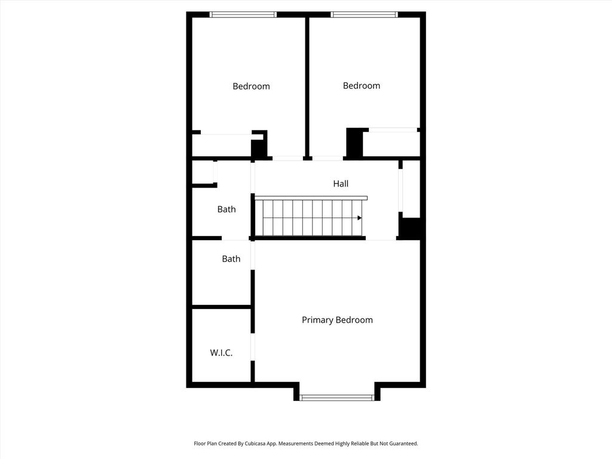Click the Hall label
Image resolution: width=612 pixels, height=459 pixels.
341,183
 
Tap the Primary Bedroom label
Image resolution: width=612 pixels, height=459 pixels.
337,320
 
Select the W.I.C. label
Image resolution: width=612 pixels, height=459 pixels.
221,353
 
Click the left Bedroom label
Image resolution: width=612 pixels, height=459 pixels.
251,86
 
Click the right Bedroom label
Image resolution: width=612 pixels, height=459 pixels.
362,85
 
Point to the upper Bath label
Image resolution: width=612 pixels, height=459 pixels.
227,209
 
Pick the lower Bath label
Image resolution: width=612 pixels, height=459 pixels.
231,259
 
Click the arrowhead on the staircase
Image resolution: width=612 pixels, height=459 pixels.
359,218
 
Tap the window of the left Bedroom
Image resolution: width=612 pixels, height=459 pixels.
243,14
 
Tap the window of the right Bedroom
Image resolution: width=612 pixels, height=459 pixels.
364,14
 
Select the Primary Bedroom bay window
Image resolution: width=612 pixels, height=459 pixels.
336,397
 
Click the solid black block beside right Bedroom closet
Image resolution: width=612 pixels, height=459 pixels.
355,143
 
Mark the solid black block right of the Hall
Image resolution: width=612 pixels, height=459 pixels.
410,228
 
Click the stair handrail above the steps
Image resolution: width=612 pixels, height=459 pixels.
311,198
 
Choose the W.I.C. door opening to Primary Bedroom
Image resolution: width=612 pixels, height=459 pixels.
253,347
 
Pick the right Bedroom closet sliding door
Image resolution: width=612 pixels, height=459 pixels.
393,130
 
